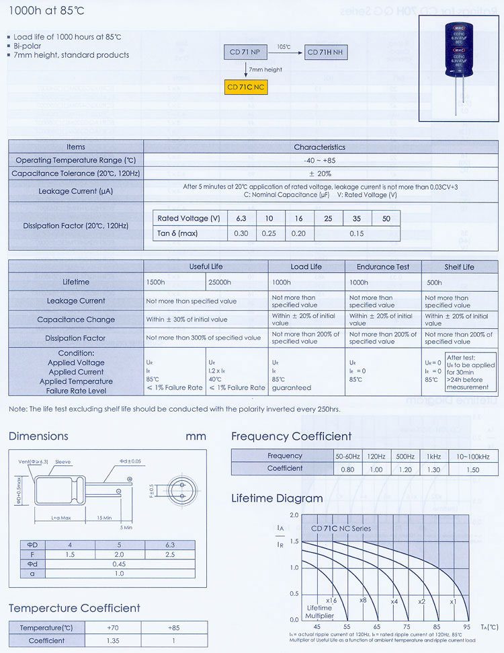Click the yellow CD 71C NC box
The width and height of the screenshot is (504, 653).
coord(245,87)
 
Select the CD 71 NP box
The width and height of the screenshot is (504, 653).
coord(245,52)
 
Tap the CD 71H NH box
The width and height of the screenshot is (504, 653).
coord(327,52)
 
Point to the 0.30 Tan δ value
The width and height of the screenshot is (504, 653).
coord(241,233)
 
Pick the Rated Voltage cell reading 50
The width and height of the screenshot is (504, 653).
coord(386,219)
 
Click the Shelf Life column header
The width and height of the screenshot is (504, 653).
coord(459,267)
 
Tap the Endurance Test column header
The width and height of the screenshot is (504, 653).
coord(383,267)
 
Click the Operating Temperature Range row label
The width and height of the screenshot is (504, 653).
coord(76,160)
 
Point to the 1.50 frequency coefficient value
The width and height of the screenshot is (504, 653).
coord(472,469)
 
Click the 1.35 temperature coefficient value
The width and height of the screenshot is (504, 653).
coord(112,641)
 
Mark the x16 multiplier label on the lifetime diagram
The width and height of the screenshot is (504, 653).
coord(331,601)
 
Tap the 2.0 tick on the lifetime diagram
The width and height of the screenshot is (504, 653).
coord(294,515)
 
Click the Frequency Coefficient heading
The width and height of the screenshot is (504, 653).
coord(291,436)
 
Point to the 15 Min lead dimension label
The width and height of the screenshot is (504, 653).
coord(103,517)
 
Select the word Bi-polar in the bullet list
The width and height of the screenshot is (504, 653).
coord(28,46)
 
